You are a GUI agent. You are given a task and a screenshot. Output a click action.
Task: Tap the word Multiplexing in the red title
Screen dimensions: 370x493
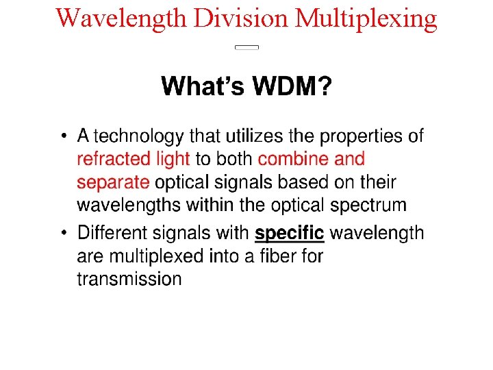[366, 19]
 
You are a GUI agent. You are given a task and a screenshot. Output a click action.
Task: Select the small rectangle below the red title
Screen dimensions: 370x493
[246, 47]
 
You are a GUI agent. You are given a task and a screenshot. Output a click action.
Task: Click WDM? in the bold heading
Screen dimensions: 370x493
[292, 87]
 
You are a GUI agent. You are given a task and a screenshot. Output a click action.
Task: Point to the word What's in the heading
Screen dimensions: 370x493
[203, 87]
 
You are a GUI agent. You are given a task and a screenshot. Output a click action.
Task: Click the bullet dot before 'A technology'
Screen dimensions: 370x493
[64, 136]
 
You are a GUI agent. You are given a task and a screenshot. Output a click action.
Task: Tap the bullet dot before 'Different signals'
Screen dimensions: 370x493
[64, 234]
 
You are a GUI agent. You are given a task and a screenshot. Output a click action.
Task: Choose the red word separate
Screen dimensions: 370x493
[113, 183]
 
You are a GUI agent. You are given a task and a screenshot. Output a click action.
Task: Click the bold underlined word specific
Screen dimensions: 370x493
[289, 234]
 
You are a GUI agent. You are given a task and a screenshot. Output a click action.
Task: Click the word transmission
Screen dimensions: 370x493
[129, 279]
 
